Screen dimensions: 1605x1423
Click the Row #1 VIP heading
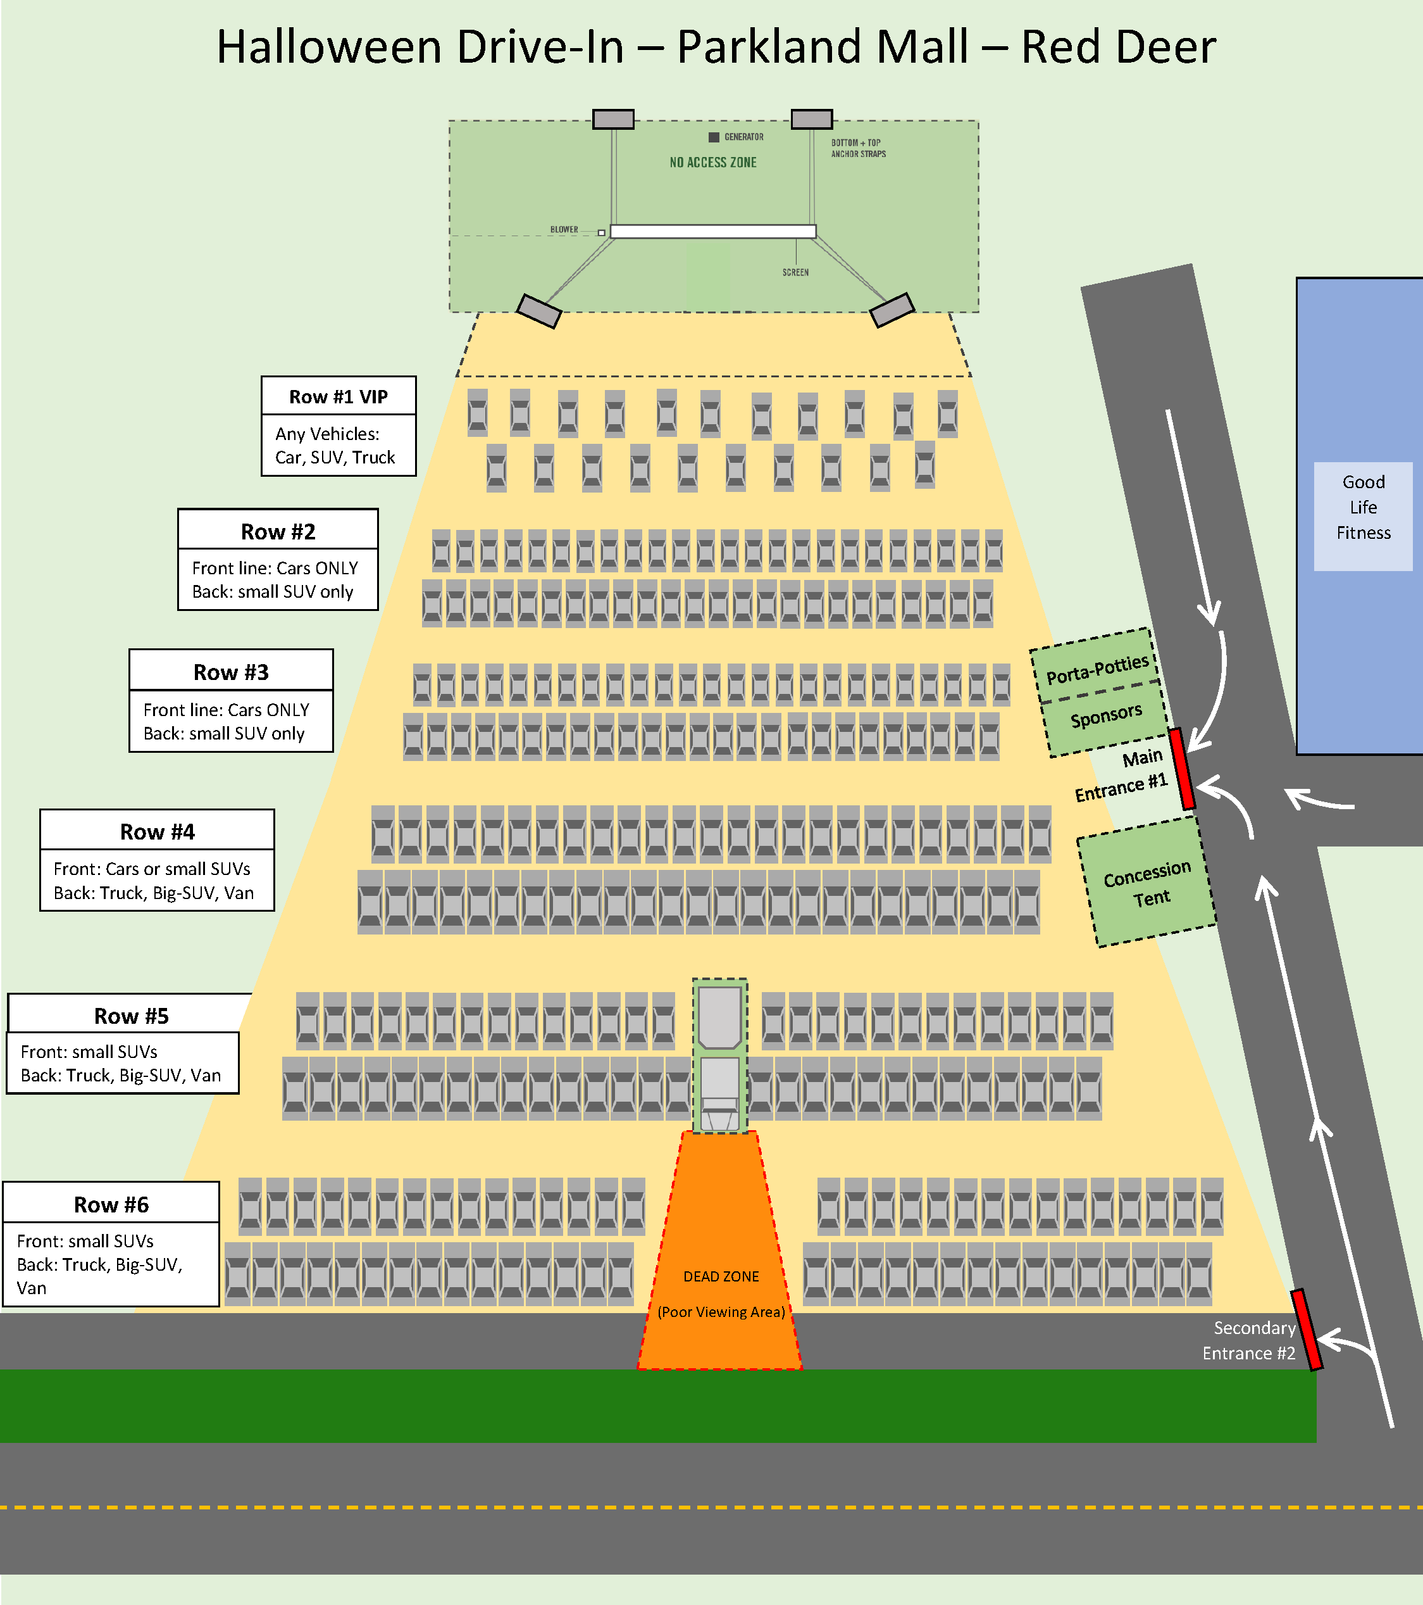click(x=339, y=396)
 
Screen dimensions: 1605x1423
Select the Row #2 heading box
click(x=278, y=532)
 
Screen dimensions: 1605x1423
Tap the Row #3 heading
click(x=231, y=672)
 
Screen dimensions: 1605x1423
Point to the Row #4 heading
click(x=157, y=831)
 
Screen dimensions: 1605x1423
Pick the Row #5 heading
click(x=131, y=1016)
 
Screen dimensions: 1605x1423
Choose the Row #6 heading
click(x=111, y=1204)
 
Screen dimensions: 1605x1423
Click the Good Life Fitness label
click(x=1364, y=507)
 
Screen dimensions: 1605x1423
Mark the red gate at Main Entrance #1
click(x=1181, y=769)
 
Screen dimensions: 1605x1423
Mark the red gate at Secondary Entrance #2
click(x=1307, y=1330)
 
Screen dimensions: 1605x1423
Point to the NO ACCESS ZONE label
click(x=712, y=163)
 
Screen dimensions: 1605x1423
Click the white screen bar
click(x=712, y=232)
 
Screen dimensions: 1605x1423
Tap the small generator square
click(x=714, y=137)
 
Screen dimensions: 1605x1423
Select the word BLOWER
click(x=564, y=230)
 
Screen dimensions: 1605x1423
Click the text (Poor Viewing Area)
click(x=721, y=1312)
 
